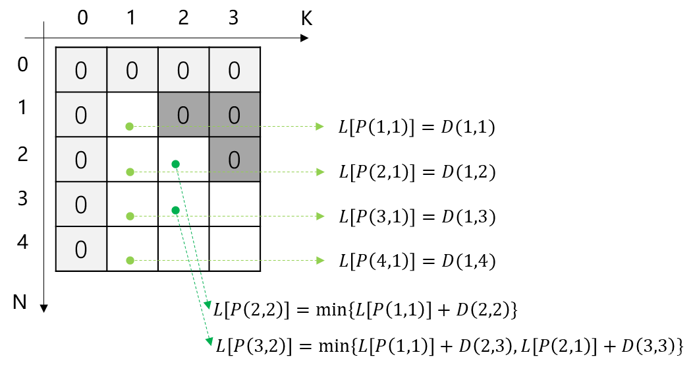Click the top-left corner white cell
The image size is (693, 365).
[x=81, y=70]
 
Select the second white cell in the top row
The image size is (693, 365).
[x=132, y=70]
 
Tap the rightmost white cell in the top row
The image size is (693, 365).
[x=235, y=70]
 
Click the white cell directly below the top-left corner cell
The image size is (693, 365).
[x=81, y=115]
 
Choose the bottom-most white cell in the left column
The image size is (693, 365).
[x=81, y=249]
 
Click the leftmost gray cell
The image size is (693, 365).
[x=183, y=115]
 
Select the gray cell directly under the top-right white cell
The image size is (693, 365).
[x=235, y=115]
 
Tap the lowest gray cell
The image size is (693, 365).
[x=235, y=160]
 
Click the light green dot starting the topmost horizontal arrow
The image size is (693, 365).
[x=130, y=126]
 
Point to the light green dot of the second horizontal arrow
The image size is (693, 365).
[x=130, y=172]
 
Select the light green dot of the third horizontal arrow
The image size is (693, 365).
[x=130, y=216]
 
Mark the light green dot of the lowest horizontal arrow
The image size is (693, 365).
[x=130, y=260]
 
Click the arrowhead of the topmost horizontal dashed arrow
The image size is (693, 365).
[x=319, y=126]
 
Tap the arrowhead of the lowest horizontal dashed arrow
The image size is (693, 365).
[x=320, y=260]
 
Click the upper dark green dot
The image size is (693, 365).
[x=175, y=164]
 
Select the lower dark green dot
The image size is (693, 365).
[x=175, y=210]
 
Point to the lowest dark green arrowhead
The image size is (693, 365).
[x=209, y=341]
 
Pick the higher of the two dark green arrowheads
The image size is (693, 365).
[x=208, y=305]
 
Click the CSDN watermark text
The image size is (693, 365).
[x=659, y=354]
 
